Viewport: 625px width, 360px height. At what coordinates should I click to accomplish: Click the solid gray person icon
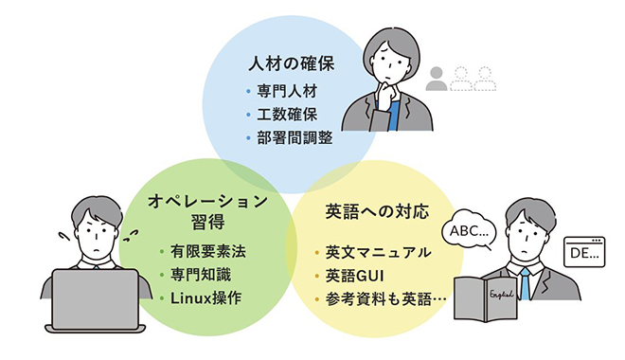coord(437,79)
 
